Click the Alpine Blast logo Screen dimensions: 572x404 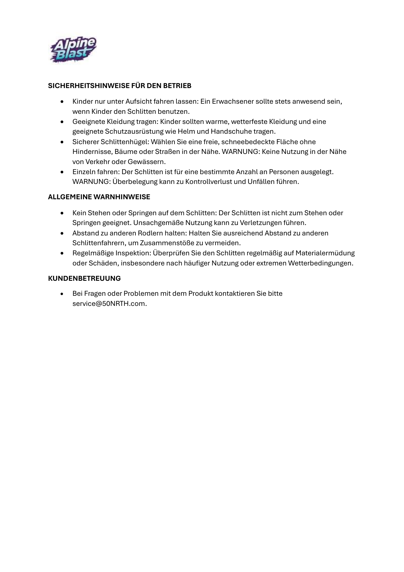click(73, 49)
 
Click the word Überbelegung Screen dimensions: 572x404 click(135, 182)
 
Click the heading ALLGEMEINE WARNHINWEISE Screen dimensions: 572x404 click(99, 197)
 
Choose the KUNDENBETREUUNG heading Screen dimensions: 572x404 click(84, 278)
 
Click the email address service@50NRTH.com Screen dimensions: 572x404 click(109, 304)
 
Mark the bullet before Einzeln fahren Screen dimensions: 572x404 click(62, 172)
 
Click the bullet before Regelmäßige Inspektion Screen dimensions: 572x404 click(62, 253)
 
